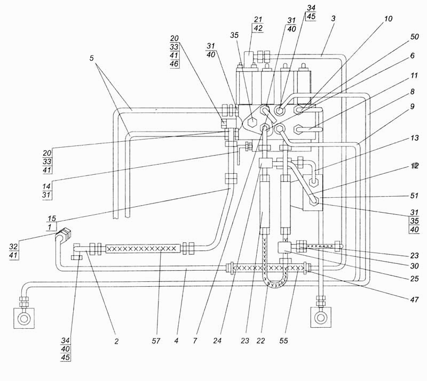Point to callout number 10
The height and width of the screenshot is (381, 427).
pos(388,18)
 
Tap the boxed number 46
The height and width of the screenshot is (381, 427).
pos(175,64)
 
